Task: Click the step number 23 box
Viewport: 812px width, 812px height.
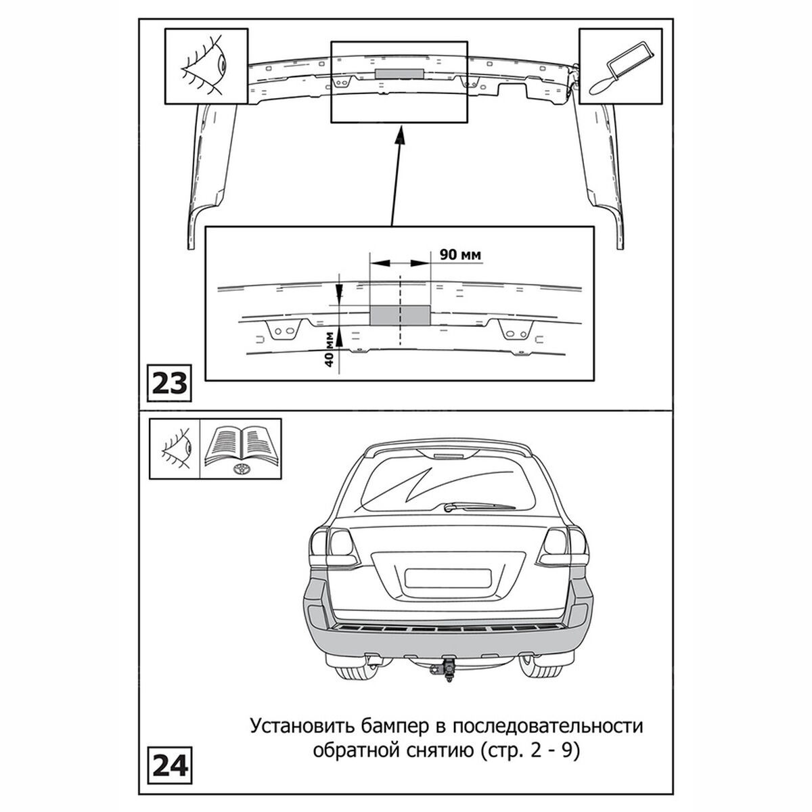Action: tap(169, 382)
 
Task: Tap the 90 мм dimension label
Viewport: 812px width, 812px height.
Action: tap(460, 254)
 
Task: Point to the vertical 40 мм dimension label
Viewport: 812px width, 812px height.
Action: tap(329, 348)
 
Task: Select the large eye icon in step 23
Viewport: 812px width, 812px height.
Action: tap(205, 66)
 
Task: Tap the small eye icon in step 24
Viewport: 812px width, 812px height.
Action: tap(177, 449)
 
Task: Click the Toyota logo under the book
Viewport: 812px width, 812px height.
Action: tap(241, 470)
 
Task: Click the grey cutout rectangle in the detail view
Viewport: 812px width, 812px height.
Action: tap(400, 315)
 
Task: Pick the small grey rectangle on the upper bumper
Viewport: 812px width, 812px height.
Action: tap(399, 73)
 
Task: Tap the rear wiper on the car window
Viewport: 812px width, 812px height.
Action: tap(480, 506)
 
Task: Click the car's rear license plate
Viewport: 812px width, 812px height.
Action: tap(448, 578)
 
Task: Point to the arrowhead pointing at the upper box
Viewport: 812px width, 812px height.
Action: tap(400, 137)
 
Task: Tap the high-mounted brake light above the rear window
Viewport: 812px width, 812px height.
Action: tap(449, 456)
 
